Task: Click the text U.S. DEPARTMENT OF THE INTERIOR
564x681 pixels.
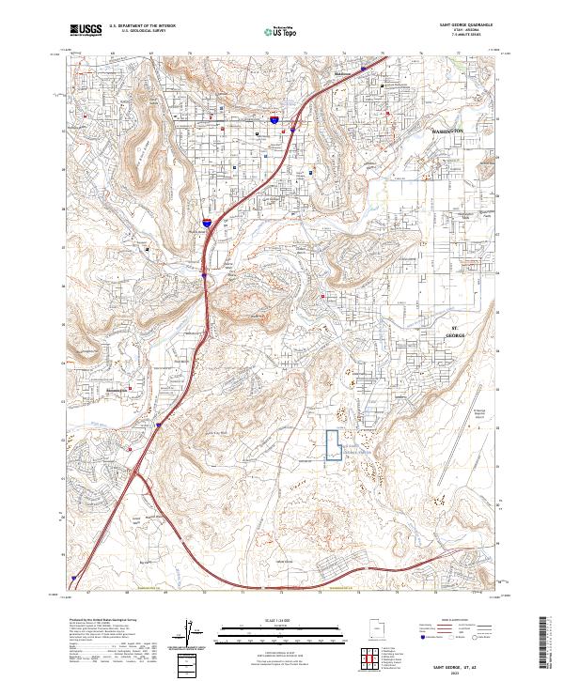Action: click(x=139, y=26)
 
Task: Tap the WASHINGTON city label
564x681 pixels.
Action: click(x=447, y=131)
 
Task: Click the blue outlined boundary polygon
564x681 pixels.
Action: click(x=333, y=444)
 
